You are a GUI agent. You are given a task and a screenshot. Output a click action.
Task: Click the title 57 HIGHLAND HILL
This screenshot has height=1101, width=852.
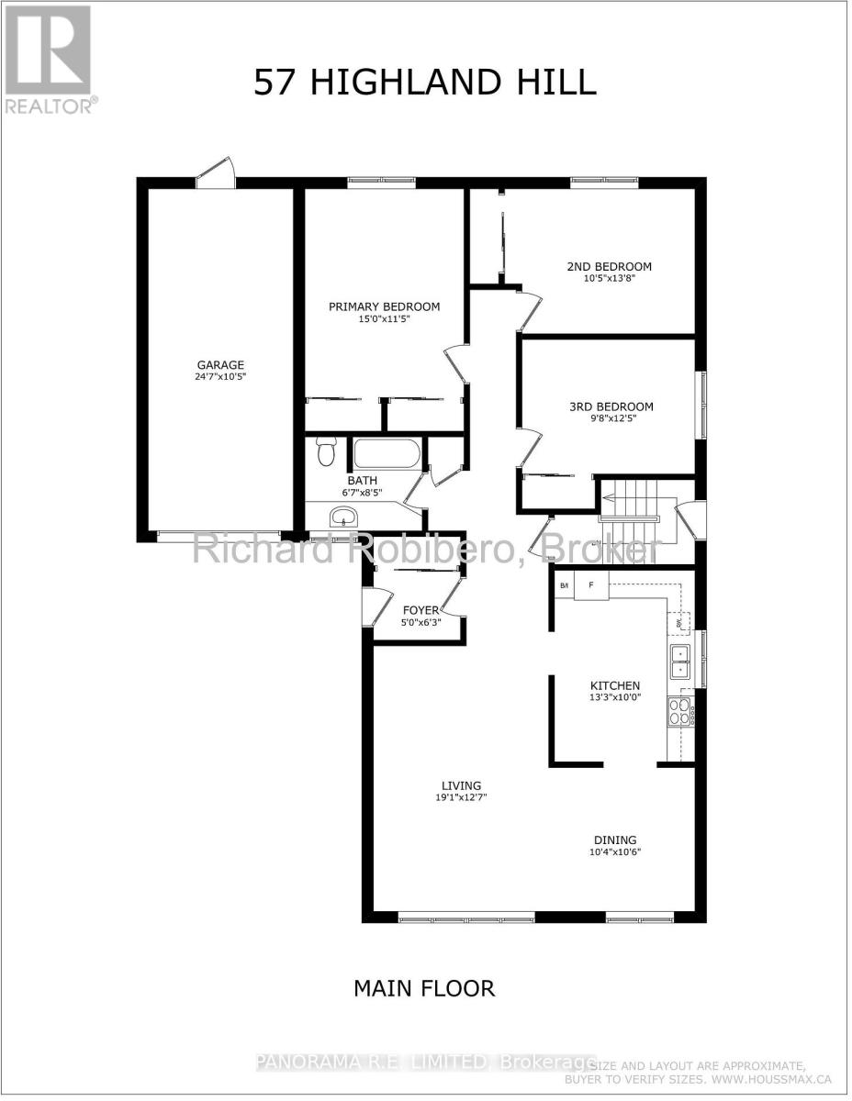(x=425, y=83)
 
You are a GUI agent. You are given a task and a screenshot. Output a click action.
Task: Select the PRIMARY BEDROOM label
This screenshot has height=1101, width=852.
(x=384, y=306)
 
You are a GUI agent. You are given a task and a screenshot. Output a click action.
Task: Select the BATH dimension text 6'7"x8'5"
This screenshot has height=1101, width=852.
(x=362, y=493)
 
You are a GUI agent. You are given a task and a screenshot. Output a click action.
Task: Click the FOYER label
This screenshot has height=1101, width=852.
(x=421, y=610)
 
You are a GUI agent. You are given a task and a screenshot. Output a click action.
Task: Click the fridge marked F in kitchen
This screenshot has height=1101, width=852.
(x=591, y=584)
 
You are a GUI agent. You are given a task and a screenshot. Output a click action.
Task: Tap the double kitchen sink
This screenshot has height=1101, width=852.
(x=680, y=661)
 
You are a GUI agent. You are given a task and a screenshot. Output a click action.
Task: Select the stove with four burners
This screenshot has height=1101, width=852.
(x=680, y=712)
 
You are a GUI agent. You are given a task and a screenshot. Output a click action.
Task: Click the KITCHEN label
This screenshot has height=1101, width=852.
(x=614, y=685)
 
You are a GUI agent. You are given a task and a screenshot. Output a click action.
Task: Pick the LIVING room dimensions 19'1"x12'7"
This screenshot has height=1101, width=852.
(x=461, y=798)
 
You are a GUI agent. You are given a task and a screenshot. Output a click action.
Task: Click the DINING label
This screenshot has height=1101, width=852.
(x=614, y=840)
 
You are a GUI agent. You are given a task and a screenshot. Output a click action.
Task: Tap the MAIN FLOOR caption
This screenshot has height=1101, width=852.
(x=424, y=988)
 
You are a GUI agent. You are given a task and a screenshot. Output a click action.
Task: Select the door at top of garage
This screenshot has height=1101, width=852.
(x=217, y=173)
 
